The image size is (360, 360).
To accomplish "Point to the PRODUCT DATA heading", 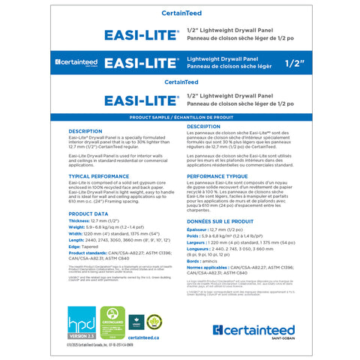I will click(88, 214).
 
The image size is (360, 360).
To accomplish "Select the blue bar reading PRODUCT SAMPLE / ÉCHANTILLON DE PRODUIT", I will click(180, 118).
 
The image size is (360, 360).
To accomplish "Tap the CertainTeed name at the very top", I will click(180, 13).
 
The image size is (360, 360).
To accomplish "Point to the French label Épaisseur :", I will click(198, 230).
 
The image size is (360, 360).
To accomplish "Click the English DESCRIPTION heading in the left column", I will click(85, 130).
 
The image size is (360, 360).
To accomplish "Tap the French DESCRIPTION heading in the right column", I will click(203, 127).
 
